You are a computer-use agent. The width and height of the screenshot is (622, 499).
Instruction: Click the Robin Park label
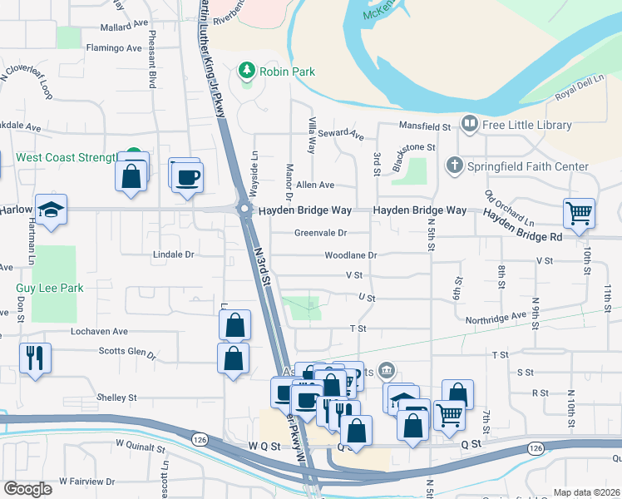287,72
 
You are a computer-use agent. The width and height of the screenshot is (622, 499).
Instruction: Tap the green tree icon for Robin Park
247,72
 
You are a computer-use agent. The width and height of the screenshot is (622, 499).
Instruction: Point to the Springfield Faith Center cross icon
454,165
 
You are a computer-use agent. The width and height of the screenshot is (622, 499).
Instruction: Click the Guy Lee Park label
50,288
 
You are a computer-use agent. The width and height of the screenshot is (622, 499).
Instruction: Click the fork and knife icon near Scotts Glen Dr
35,358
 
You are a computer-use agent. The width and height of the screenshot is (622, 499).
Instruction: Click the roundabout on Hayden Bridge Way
245,210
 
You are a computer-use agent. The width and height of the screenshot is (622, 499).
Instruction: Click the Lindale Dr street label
173,254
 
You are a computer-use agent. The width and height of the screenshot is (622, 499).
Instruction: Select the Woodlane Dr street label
351,254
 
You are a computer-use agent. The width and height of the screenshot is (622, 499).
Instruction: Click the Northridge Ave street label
496,317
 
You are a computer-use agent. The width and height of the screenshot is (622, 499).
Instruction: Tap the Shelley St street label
116,398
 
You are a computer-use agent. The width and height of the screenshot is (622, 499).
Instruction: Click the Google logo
27,488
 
